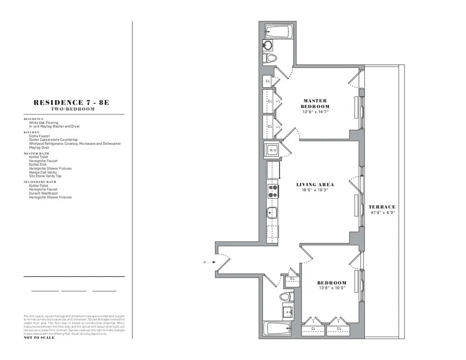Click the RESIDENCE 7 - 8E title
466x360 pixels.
(71, 102)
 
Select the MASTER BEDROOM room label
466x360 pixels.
(315, 103)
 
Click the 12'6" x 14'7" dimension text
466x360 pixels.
(315, 112)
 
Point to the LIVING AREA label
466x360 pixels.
(315, 185)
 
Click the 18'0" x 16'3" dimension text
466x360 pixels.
(315, 190)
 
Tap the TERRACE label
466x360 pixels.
(382, 207)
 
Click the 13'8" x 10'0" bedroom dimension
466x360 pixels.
(332, 288)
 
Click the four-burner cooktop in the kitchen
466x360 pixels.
(273, 190)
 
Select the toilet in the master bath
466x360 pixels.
(270, 58)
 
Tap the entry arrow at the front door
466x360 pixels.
(206, 262)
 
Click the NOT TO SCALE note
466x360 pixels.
(39, 338)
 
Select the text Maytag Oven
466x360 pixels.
(40, 148)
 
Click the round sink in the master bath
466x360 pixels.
(268, 45)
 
